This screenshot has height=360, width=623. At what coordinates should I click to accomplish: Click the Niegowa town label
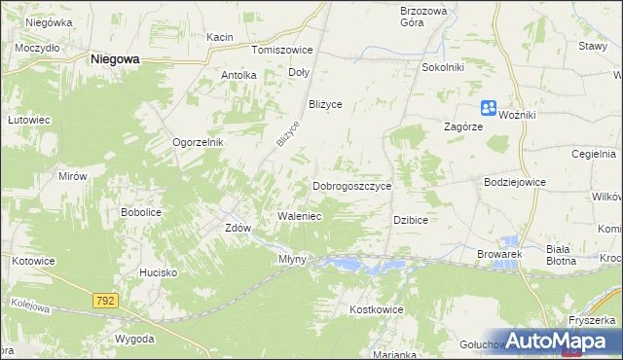click(115, 58)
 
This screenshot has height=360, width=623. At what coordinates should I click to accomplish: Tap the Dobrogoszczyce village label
click(351, 186)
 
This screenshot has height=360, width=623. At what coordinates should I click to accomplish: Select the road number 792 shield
click(106, 302)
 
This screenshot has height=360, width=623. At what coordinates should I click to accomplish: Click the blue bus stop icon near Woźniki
click(489, 110)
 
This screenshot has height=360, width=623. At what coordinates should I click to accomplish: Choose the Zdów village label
click(238, 228)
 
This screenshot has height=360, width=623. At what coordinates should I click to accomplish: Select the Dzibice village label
click(411, 220)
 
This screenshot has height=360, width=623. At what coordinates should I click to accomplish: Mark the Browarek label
click(500, 254)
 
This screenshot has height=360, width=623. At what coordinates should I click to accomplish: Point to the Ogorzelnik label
click(199, 141)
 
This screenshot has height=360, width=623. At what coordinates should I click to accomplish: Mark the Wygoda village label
click(133, 339)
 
